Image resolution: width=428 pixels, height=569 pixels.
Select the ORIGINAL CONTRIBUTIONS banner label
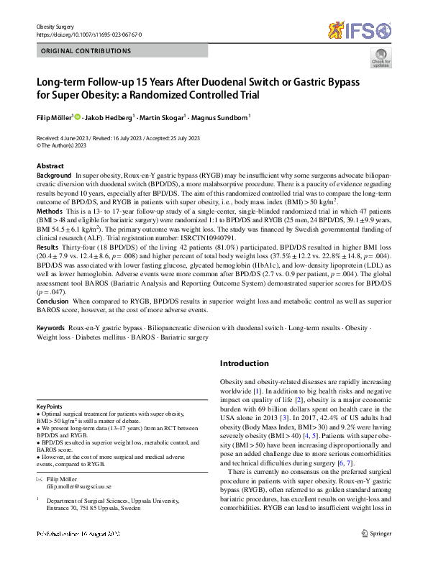[87, 52]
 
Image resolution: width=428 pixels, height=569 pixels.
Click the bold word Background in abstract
[54, 176]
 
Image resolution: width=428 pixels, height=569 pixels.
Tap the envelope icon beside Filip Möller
[40, 478]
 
